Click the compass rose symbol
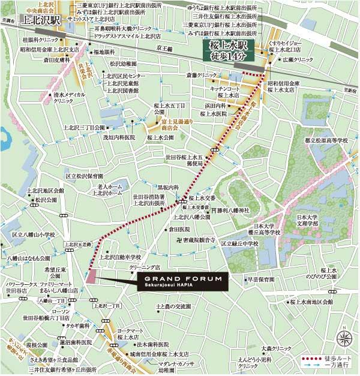click(344, 338)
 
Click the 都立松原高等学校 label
click(326, 140)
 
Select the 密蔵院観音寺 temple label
click(194, 239)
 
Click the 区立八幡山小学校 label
click(33, 235)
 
